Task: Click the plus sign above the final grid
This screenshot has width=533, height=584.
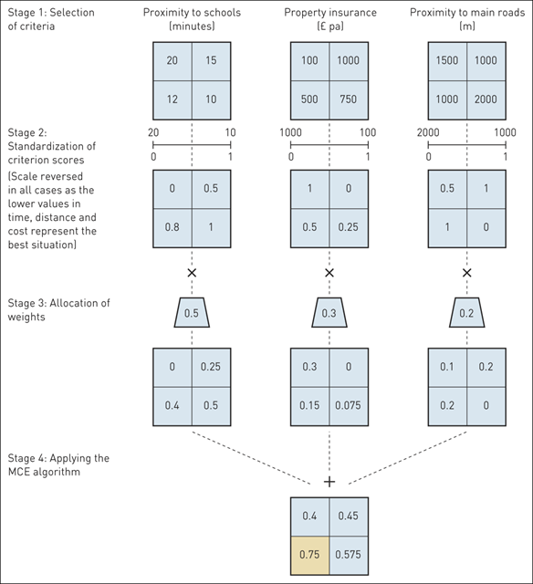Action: pos(329,481)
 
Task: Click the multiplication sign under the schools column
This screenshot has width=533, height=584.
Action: pos(192,273)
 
